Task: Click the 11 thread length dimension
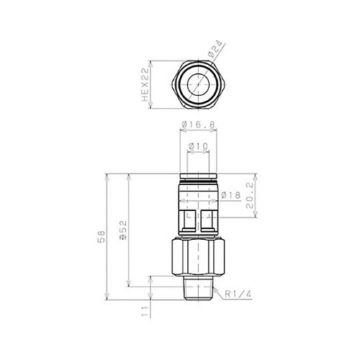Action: click(145, 312)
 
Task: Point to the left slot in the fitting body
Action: click(186, 219)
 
